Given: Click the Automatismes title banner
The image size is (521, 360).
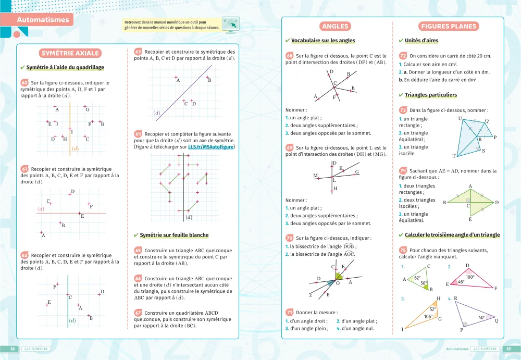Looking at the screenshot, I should pos(43,20).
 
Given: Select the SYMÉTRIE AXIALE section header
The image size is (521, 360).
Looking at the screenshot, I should pos(70,53).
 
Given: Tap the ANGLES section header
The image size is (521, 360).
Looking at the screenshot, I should pos(335,27).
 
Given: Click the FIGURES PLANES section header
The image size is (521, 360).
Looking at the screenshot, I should pos(449,27).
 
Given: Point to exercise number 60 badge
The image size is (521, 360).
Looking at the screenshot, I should pos(24,82).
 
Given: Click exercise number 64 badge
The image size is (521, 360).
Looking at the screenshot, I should pos(138,134).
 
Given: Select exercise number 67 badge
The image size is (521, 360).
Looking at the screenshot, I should pos(138,313).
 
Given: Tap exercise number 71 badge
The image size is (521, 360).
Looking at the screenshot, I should pos(290,312).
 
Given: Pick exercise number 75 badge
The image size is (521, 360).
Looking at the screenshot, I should pos(403,250).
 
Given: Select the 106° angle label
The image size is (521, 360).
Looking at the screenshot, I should pos(428,316).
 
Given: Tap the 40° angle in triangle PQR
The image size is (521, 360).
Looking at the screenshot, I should pos(481,317).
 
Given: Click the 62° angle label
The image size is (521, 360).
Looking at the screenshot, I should pos(417,278).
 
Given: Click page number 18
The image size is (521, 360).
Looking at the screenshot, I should pos(11,349).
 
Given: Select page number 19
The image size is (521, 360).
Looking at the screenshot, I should pos(509,349).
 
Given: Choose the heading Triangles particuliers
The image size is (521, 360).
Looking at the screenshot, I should pos(430,95).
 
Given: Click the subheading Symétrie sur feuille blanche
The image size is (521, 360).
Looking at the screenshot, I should pos(174,235).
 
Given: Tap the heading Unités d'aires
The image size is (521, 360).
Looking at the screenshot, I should pos(421,41).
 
